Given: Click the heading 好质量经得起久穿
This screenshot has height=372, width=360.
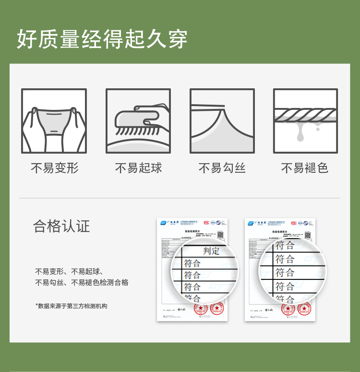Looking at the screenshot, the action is click(102, 39).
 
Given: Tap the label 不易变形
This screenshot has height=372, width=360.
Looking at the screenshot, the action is click(54, 168).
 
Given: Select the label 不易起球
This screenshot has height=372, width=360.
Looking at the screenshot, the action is click(138, 168).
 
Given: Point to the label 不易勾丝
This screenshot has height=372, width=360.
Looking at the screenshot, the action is click(222, 168).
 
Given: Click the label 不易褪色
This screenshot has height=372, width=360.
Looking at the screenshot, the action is click(305, 168).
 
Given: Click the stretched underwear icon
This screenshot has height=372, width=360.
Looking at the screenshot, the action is click(54, 121).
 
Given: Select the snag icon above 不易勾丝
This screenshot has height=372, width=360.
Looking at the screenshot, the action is click(222, 121).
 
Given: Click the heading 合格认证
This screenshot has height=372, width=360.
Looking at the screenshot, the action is click(61, 226).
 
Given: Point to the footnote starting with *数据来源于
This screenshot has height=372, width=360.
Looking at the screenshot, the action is click(71, 306).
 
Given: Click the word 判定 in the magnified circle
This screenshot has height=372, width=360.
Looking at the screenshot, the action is click(211, 251).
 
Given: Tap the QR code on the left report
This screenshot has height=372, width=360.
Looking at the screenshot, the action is click(220, 235).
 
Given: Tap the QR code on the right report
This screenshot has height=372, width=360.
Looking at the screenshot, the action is click(308, 235).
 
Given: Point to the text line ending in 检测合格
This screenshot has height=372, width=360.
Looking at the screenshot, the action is click(82, 283).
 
